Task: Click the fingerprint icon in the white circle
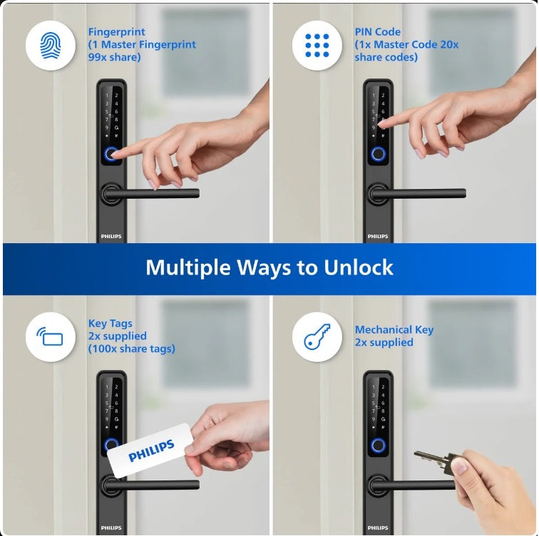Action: (51, 45)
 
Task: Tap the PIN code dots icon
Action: (317, 45)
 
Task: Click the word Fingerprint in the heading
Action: (116, 32)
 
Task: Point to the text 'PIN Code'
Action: (377, 32)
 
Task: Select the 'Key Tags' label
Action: (110, 323)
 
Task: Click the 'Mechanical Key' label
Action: (394, 330)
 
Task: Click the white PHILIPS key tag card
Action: (150, 450)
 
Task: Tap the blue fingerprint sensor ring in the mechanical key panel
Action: (378, 446)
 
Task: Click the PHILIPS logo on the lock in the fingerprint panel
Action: (111, 236)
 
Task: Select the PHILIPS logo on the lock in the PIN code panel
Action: (378, 236)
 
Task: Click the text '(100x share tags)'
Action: (131, 349)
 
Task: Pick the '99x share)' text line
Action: (114, 57)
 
